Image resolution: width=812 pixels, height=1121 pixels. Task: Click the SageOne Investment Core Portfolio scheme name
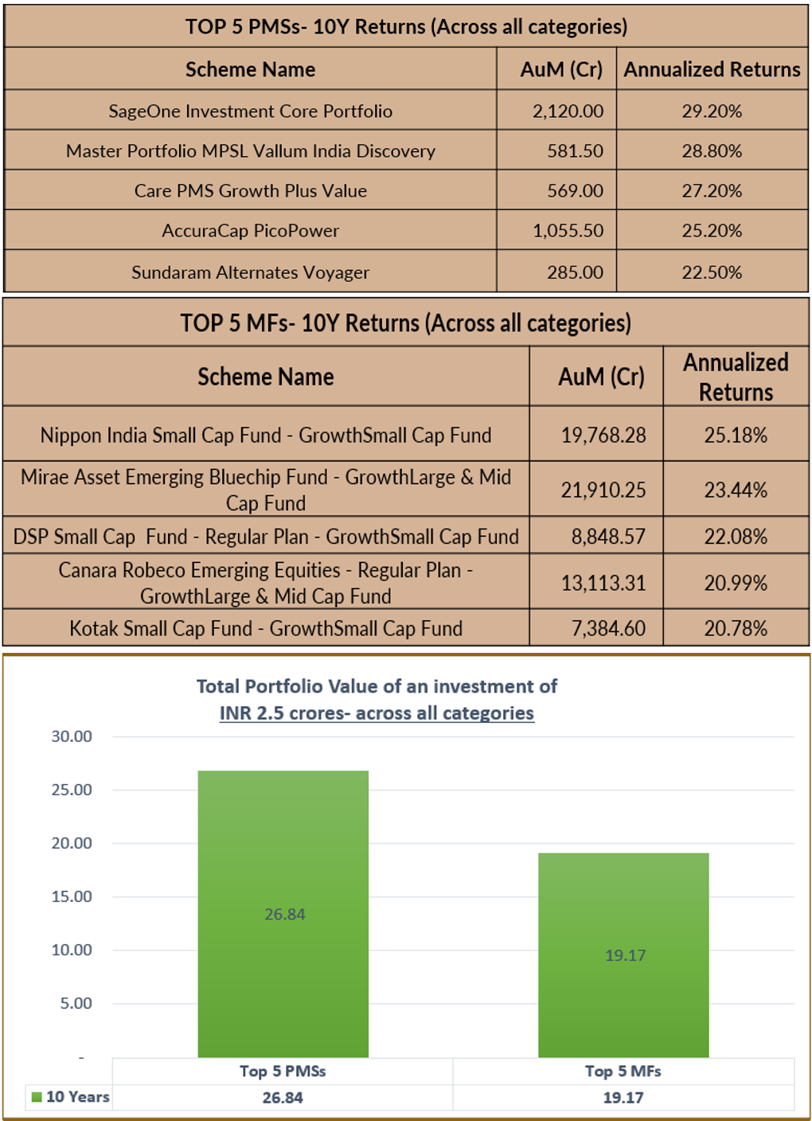point(250,111)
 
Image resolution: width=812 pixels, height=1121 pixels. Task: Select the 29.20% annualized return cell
point(712,111)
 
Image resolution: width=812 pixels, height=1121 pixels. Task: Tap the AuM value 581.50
point(575,150)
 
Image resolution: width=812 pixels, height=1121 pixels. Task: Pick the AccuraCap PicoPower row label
point(250,231)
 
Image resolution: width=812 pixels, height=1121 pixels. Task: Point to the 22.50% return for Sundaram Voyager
point(712,272)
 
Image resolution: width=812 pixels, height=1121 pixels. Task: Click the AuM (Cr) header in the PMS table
point(561,69)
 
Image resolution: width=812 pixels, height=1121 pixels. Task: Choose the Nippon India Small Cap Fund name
point(266,435)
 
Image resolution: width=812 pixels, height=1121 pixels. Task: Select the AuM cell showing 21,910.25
point(603,490)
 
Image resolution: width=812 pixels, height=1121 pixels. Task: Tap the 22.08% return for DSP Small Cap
point(736,537)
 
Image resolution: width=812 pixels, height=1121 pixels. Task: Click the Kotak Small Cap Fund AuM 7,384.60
point(608,628)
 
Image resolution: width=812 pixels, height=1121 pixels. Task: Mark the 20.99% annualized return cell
point(736,583)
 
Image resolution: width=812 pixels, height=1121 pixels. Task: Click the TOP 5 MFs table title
point(406,323)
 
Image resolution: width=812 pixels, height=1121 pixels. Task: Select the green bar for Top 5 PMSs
point(283,914)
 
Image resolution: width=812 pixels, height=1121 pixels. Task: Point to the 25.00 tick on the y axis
point(72,790)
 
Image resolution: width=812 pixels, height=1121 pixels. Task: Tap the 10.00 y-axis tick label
point(72,950)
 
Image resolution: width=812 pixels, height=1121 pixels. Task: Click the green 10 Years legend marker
point(37,1097)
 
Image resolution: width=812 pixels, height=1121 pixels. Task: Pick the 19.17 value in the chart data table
point(623,1097)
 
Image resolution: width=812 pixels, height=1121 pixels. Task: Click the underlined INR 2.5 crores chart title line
point(377,713)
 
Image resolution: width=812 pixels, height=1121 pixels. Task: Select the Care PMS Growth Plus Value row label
point(250,190)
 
